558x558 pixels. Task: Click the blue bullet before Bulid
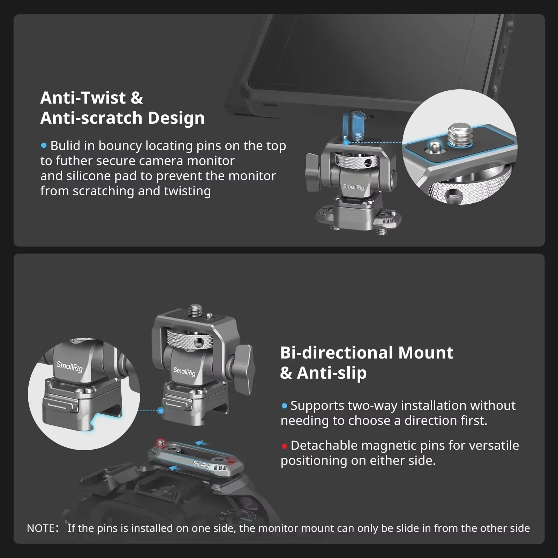coord(44,145)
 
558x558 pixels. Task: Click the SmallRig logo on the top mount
coord(353,187)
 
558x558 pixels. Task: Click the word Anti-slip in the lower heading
coord(332,373)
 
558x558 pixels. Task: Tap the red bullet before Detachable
coord(284,446)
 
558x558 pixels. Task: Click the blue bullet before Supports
coord(284,406)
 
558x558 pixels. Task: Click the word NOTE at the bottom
coord(40,528)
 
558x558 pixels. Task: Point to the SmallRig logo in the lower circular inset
coord(69,367)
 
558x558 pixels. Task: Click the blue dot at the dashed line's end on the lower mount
coord(161,410)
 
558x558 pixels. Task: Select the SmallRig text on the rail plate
coord(202,464)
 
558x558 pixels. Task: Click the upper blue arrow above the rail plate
coord(202,443)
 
